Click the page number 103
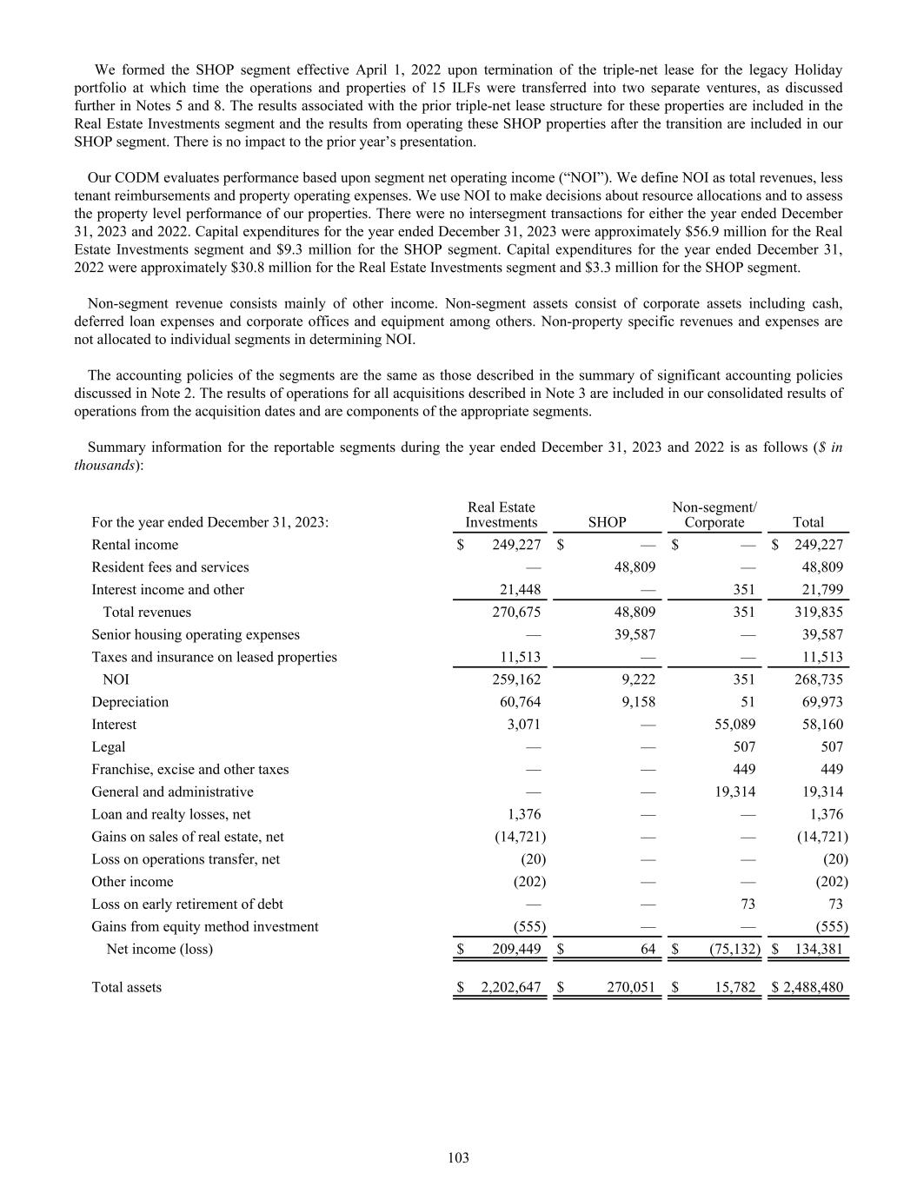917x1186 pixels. click(x=458, y=1157)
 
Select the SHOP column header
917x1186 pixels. click(x=607, y=522)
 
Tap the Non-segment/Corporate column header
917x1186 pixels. click(x=714, y=514)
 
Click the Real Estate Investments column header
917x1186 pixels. click(x=502, y=514)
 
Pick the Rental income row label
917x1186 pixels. click(x=135, y=545)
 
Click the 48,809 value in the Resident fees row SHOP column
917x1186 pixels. click(x=635, y=567)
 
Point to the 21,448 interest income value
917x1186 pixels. click(x=522, y=590)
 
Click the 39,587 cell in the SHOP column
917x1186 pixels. click(x=635, y=635)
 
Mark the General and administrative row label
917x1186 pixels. click(x=172, y=792)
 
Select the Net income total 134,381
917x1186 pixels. click(x=819, y=949)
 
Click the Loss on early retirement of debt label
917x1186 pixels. click(x=187, y=904)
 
